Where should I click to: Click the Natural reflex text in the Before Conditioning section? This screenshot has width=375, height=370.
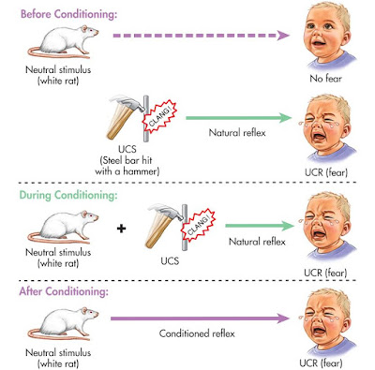coord(232,132)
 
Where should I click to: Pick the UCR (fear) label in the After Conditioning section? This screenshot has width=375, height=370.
coord(331,360)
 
